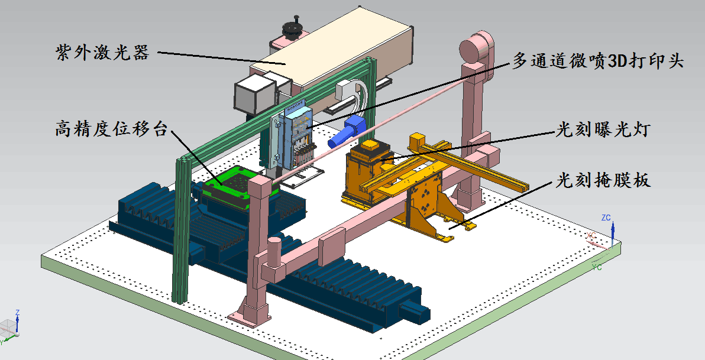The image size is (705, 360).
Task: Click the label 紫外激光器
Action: tap(102, 53)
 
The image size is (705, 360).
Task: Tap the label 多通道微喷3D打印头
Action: tap(599, 61)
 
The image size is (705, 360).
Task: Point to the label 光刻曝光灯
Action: tap(603, 130)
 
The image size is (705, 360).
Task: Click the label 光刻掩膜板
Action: tap(603, 180)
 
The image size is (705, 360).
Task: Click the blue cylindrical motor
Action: tap(347, 131)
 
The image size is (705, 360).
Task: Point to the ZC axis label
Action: tap(606, 218)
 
